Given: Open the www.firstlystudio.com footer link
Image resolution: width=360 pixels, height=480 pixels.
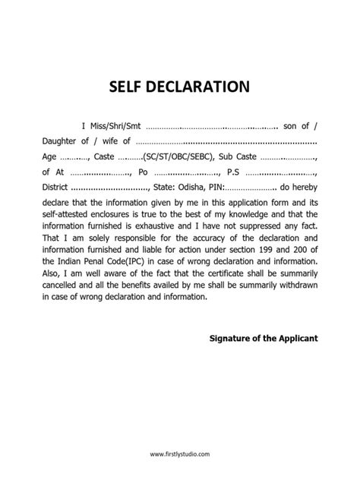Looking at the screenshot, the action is click(x=180, y=453).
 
